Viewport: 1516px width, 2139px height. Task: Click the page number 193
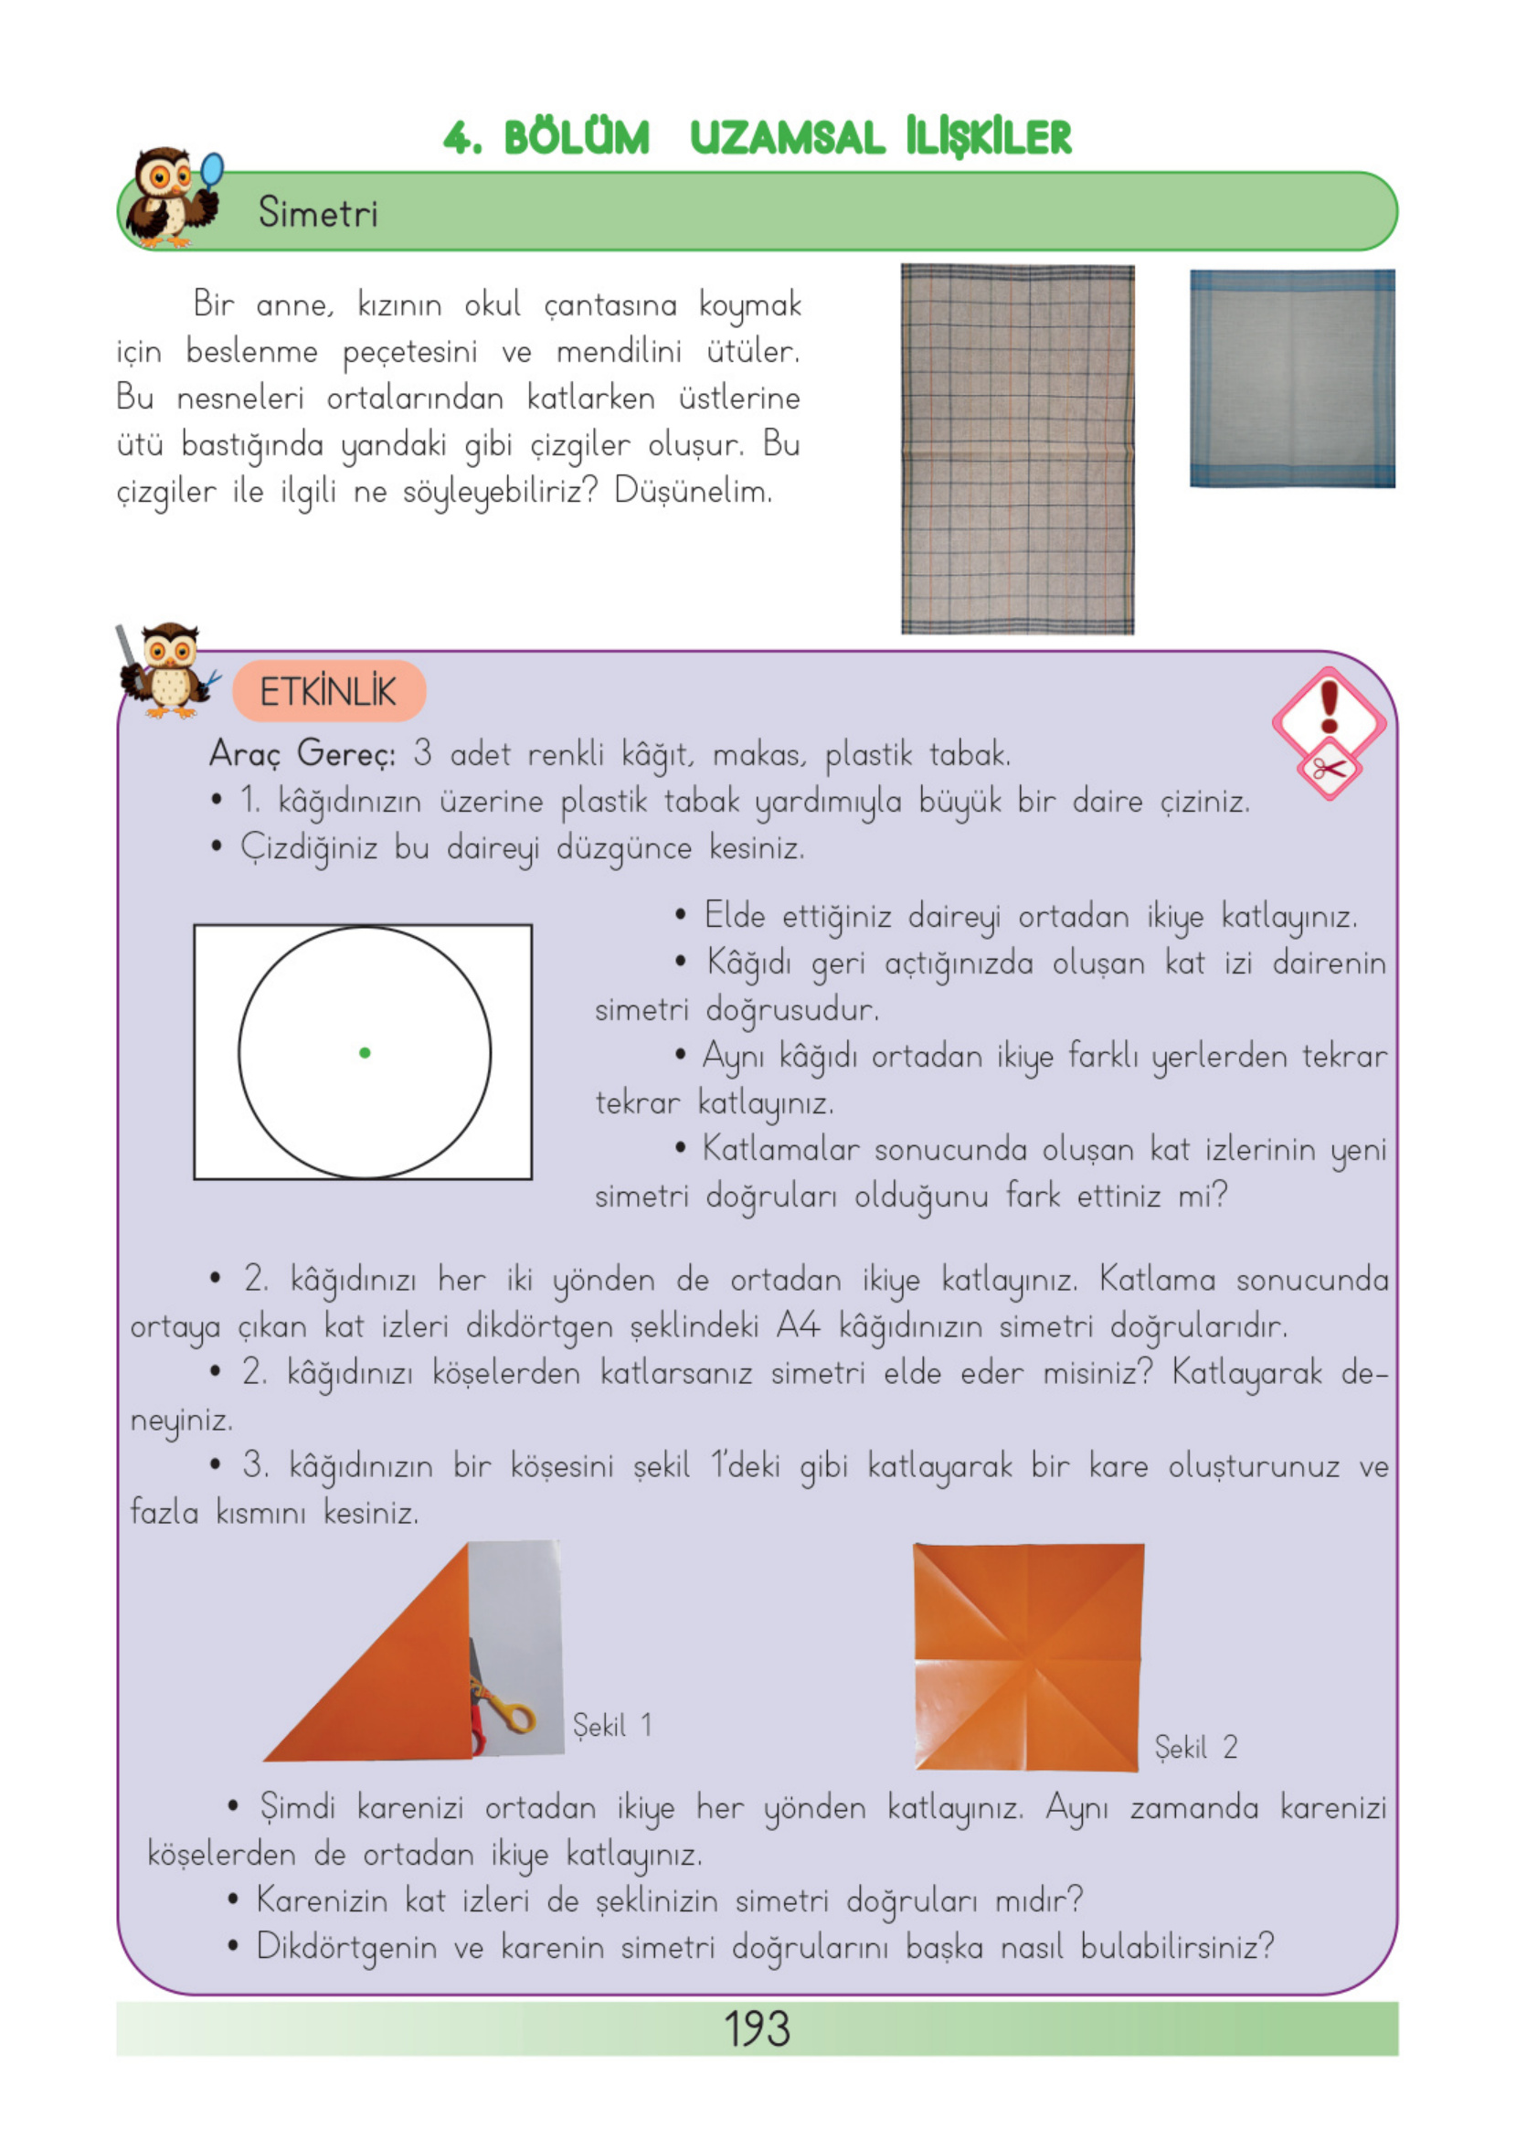pos(756,2028)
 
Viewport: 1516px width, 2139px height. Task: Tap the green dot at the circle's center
pos(365,1052)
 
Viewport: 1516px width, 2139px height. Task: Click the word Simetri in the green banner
pos(317,213)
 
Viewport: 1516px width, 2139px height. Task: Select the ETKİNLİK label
pos(329,692)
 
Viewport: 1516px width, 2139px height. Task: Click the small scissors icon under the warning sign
pos(1329,771)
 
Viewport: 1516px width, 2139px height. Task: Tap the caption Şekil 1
pos(612,1725)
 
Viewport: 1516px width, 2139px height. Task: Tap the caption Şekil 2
pos(1196,1747)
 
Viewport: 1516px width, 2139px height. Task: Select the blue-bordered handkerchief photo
pos(1292,378)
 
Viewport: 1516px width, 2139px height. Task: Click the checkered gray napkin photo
pos(1017,448)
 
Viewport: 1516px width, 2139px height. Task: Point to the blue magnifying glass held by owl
pos(213,170)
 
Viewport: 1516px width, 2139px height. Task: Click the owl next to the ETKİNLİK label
pos(168,670)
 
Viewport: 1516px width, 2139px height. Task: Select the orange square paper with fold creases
pos(1028,1657)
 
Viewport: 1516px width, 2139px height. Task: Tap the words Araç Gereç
pos(302,752)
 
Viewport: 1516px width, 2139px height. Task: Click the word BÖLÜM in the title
pos(576,138)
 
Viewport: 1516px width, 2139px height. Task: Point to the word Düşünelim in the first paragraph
pos(693,491)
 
